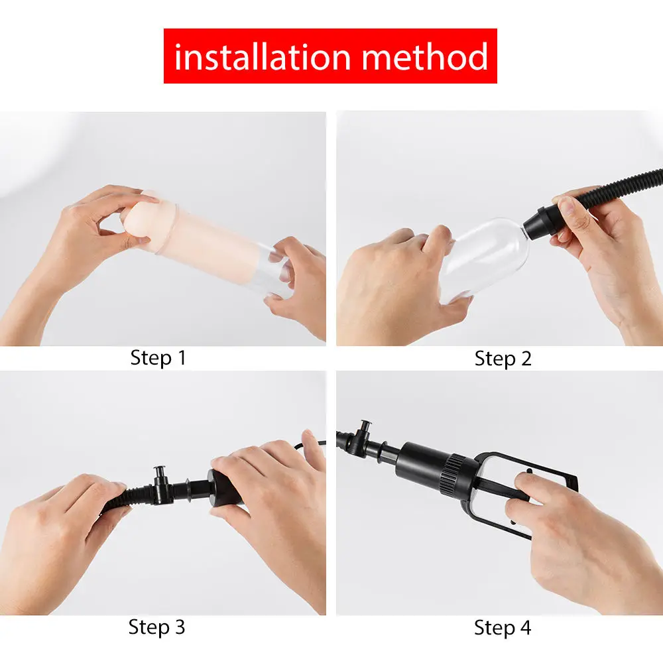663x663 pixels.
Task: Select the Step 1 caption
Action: pos(158,358)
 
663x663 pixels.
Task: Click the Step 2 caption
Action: pos(503,359)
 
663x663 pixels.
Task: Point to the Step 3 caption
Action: pos(156,627)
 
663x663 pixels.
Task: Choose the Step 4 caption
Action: pos(503,627)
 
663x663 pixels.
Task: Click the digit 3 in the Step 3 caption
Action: pos(179,627)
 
